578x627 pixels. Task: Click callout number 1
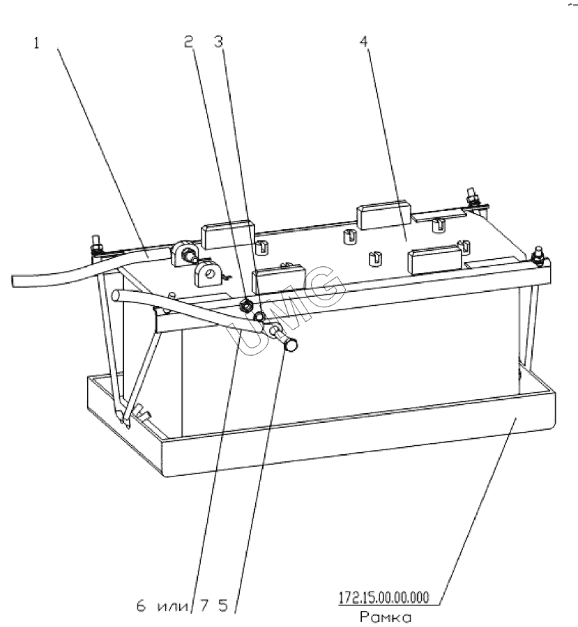pyautogui.click(x=36, y=43)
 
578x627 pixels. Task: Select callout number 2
pyautogui.click(x=188, y=42)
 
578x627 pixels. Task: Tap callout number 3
pyautogui.click(x=218, y=42)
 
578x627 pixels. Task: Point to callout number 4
pyautogui.click(x=363, y=41)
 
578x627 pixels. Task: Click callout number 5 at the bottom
pyautogui.click(x=223, y=606)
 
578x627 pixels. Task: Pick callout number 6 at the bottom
pyautogui.click(x=142, y=606)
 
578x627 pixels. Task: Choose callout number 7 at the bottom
pyautogui.click(x=204, y=606)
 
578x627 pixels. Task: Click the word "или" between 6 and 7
pyautogui.click(x=173, y=607)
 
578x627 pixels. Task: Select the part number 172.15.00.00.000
pyautogui.click(x=384, y=597)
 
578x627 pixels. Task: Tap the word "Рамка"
pyautogui.click(x=386, y=617)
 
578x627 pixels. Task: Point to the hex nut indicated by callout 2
pyautogui.click(x=245, y=307)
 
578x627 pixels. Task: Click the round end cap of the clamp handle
pyautogui.click(x=291, y=344)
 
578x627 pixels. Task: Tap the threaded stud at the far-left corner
pyautogui.click(x=96, y=245)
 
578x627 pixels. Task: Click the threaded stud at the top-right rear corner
pyautogui.click(x=471, y=197)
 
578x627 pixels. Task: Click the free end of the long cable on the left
pyautogui.click(x=14, y=280)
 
